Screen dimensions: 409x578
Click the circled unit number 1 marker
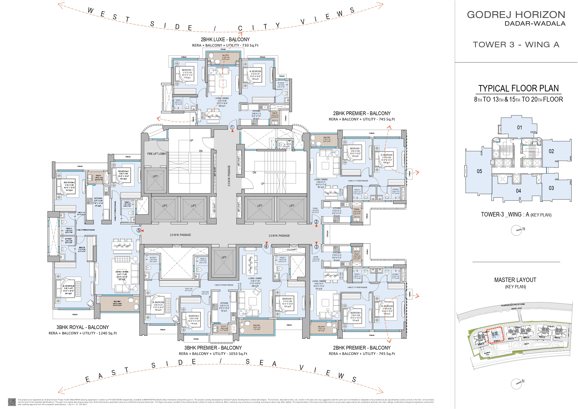pos(232,127)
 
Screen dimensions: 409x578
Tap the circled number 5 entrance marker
pos(139,230)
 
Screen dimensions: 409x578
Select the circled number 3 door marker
pos(316,247)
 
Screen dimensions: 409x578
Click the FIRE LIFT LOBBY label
pos(156,154)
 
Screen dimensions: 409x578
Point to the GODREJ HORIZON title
pos(516,15)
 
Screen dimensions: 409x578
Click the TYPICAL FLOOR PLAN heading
pos(518,89)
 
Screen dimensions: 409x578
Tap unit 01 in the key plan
pos(520,127)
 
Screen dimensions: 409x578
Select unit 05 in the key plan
pos(479,171)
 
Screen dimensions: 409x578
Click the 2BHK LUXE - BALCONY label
pos(225,40)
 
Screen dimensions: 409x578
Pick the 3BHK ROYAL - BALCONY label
pos(83,327)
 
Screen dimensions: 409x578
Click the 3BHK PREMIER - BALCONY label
pos(213,348)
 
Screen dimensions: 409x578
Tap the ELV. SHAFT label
pos(292,250)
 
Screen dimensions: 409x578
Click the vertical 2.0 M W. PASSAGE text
pos(229,176)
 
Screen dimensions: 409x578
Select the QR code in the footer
pos(12,402)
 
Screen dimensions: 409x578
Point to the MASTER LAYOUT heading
pos(515,280)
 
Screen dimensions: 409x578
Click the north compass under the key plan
pos(516,230)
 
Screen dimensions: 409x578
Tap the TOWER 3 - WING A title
pos(516,45)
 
